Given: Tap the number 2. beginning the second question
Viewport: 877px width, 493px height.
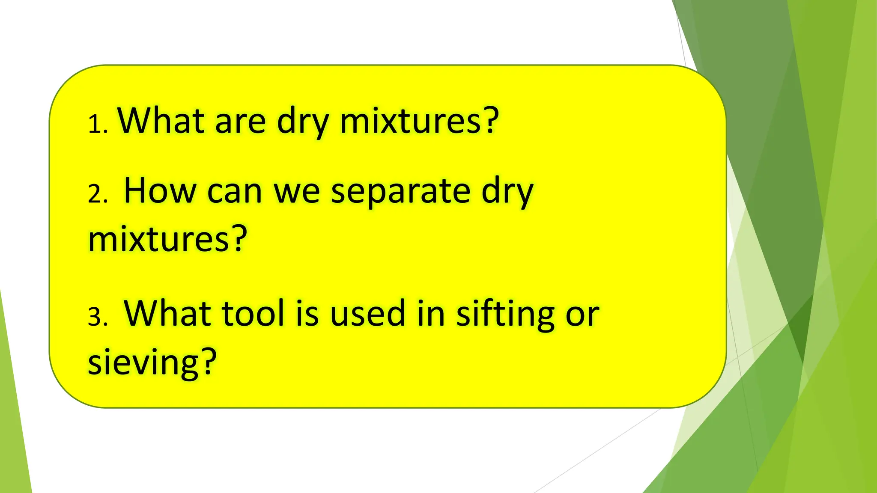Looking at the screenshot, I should [97, 194].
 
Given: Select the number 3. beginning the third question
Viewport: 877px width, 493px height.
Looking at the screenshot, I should [97, 318].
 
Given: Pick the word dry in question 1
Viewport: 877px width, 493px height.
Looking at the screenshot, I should [303, 122].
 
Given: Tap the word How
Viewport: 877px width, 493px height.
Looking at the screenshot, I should [160, 190].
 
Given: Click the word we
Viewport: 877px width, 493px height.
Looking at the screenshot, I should [297, 192].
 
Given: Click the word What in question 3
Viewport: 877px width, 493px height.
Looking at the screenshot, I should [167, 313].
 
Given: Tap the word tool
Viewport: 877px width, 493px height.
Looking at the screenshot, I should [253, 313].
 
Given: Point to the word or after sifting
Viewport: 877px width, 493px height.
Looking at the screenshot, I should [582, 315].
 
